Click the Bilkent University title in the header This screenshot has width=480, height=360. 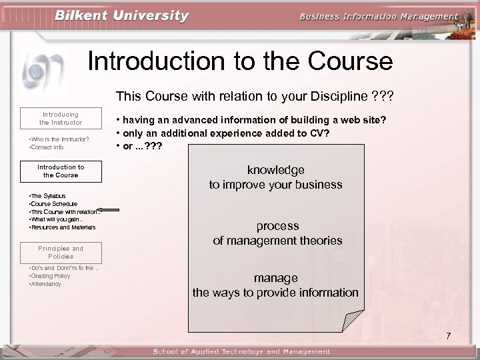[x=123, y=15]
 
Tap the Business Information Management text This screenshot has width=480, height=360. [x=379, y=17]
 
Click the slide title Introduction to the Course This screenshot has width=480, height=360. [x=240, y=61]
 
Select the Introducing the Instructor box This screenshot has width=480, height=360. [x=61, y=118]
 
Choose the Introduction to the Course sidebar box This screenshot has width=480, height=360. [x=61, y=171]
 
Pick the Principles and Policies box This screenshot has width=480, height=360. [x=61, y=252]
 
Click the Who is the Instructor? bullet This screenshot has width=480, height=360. [x=58, y=138]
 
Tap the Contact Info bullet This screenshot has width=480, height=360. [x=47, y=146]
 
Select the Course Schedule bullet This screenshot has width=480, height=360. [x=53, y=203]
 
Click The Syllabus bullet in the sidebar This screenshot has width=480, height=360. [x=47, y=195]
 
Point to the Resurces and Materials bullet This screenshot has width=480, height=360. [x=63, y=227]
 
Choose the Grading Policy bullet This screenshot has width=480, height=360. [x=49, y=276]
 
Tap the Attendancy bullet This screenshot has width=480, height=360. [x=45, y=284]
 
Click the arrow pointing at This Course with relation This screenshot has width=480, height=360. [x=108, y=210]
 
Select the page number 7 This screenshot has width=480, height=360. [x=449, y=335]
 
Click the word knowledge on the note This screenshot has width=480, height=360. [x=275, y=170]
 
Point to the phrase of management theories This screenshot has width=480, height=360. [x=277, y=240]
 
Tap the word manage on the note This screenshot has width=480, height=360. [x=275, y=278]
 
